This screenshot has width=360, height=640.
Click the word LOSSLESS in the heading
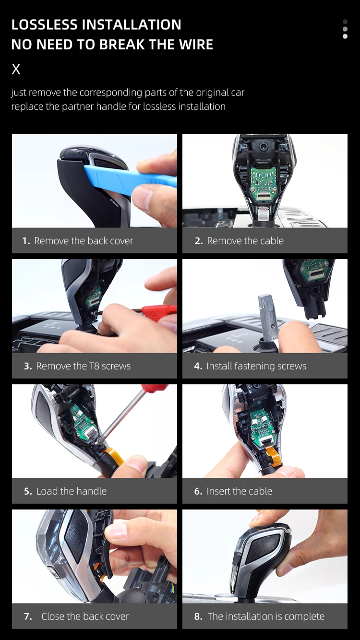45,24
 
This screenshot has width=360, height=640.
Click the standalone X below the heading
16,69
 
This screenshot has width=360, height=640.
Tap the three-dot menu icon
345,29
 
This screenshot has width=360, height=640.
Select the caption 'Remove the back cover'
84,241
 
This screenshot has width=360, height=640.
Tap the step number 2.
198,241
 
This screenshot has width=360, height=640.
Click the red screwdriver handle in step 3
159,312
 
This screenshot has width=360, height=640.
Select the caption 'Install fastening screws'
256,366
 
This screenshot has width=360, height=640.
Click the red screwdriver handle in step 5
155,388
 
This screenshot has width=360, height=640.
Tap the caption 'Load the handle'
71,491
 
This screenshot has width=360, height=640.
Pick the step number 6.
198,491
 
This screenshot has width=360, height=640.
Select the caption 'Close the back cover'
85,616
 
